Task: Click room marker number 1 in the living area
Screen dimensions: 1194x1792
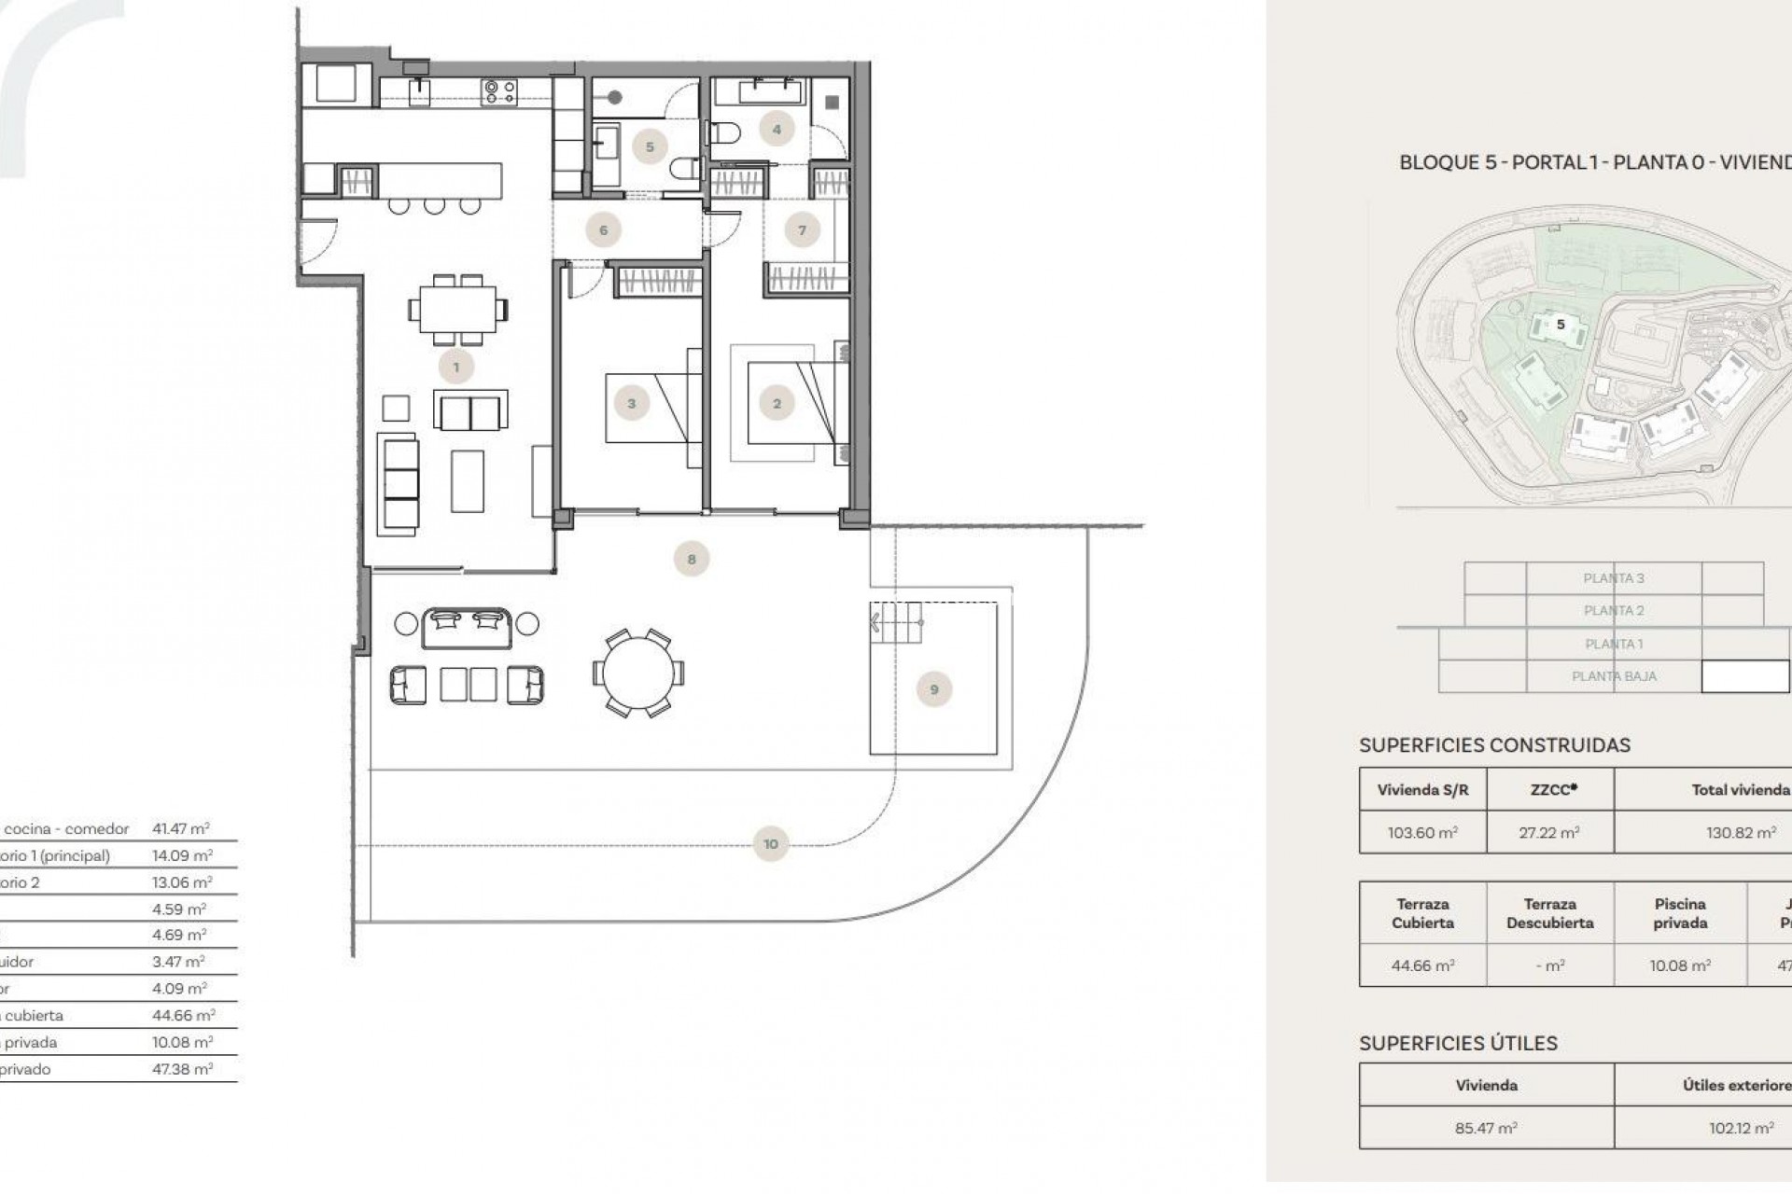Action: click(x=456, y=368)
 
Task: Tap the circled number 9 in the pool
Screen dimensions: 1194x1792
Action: click(x=934, y=689)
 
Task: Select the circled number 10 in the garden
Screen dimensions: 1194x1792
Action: click(x=770, y=844)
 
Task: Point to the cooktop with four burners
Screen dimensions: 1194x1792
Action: click(x=498, y=90)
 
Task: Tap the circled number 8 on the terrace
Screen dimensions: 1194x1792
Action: click(x=692, y=559)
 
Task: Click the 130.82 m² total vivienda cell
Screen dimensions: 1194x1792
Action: click(x=1741, y=833)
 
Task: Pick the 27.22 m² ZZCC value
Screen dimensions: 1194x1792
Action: click(x=1549, y=833)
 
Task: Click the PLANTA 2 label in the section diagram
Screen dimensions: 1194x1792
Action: click(x=1614, y=610)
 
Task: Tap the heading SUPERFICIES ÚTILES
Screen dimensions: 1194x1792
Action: click(x=1458, y=1043)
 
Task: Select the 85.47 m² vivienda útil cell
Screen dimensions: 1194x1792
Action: click(x=1486, y=1128)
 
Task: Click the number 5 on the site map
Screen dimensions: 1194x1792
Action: click(x=1561, y=325)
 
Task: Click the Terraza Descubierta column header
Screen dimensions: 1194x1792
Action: click(x=1550, y=913)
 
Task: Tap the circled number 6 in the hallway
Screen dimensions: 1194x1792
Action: click(x=603, y=229)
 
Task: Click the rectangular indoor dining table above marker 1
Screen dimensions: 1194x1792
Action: click(x=457, y=309)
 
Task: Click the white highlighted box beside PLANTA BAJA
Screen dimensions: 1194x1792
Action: click(x=1744, y=676)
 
